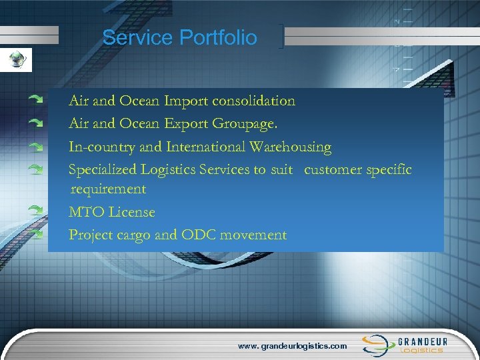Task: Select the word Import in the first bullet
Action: tap(186, 101)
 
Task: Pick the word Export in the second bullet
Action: tap(186, 123)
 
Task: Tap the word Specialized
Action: tap(103, 170)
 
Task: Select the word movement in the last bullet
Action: tap(256, 235)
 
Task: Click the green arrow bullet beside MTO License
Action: tap(36, 210)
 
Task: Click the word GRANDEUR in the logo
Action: tap(423, 341)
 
